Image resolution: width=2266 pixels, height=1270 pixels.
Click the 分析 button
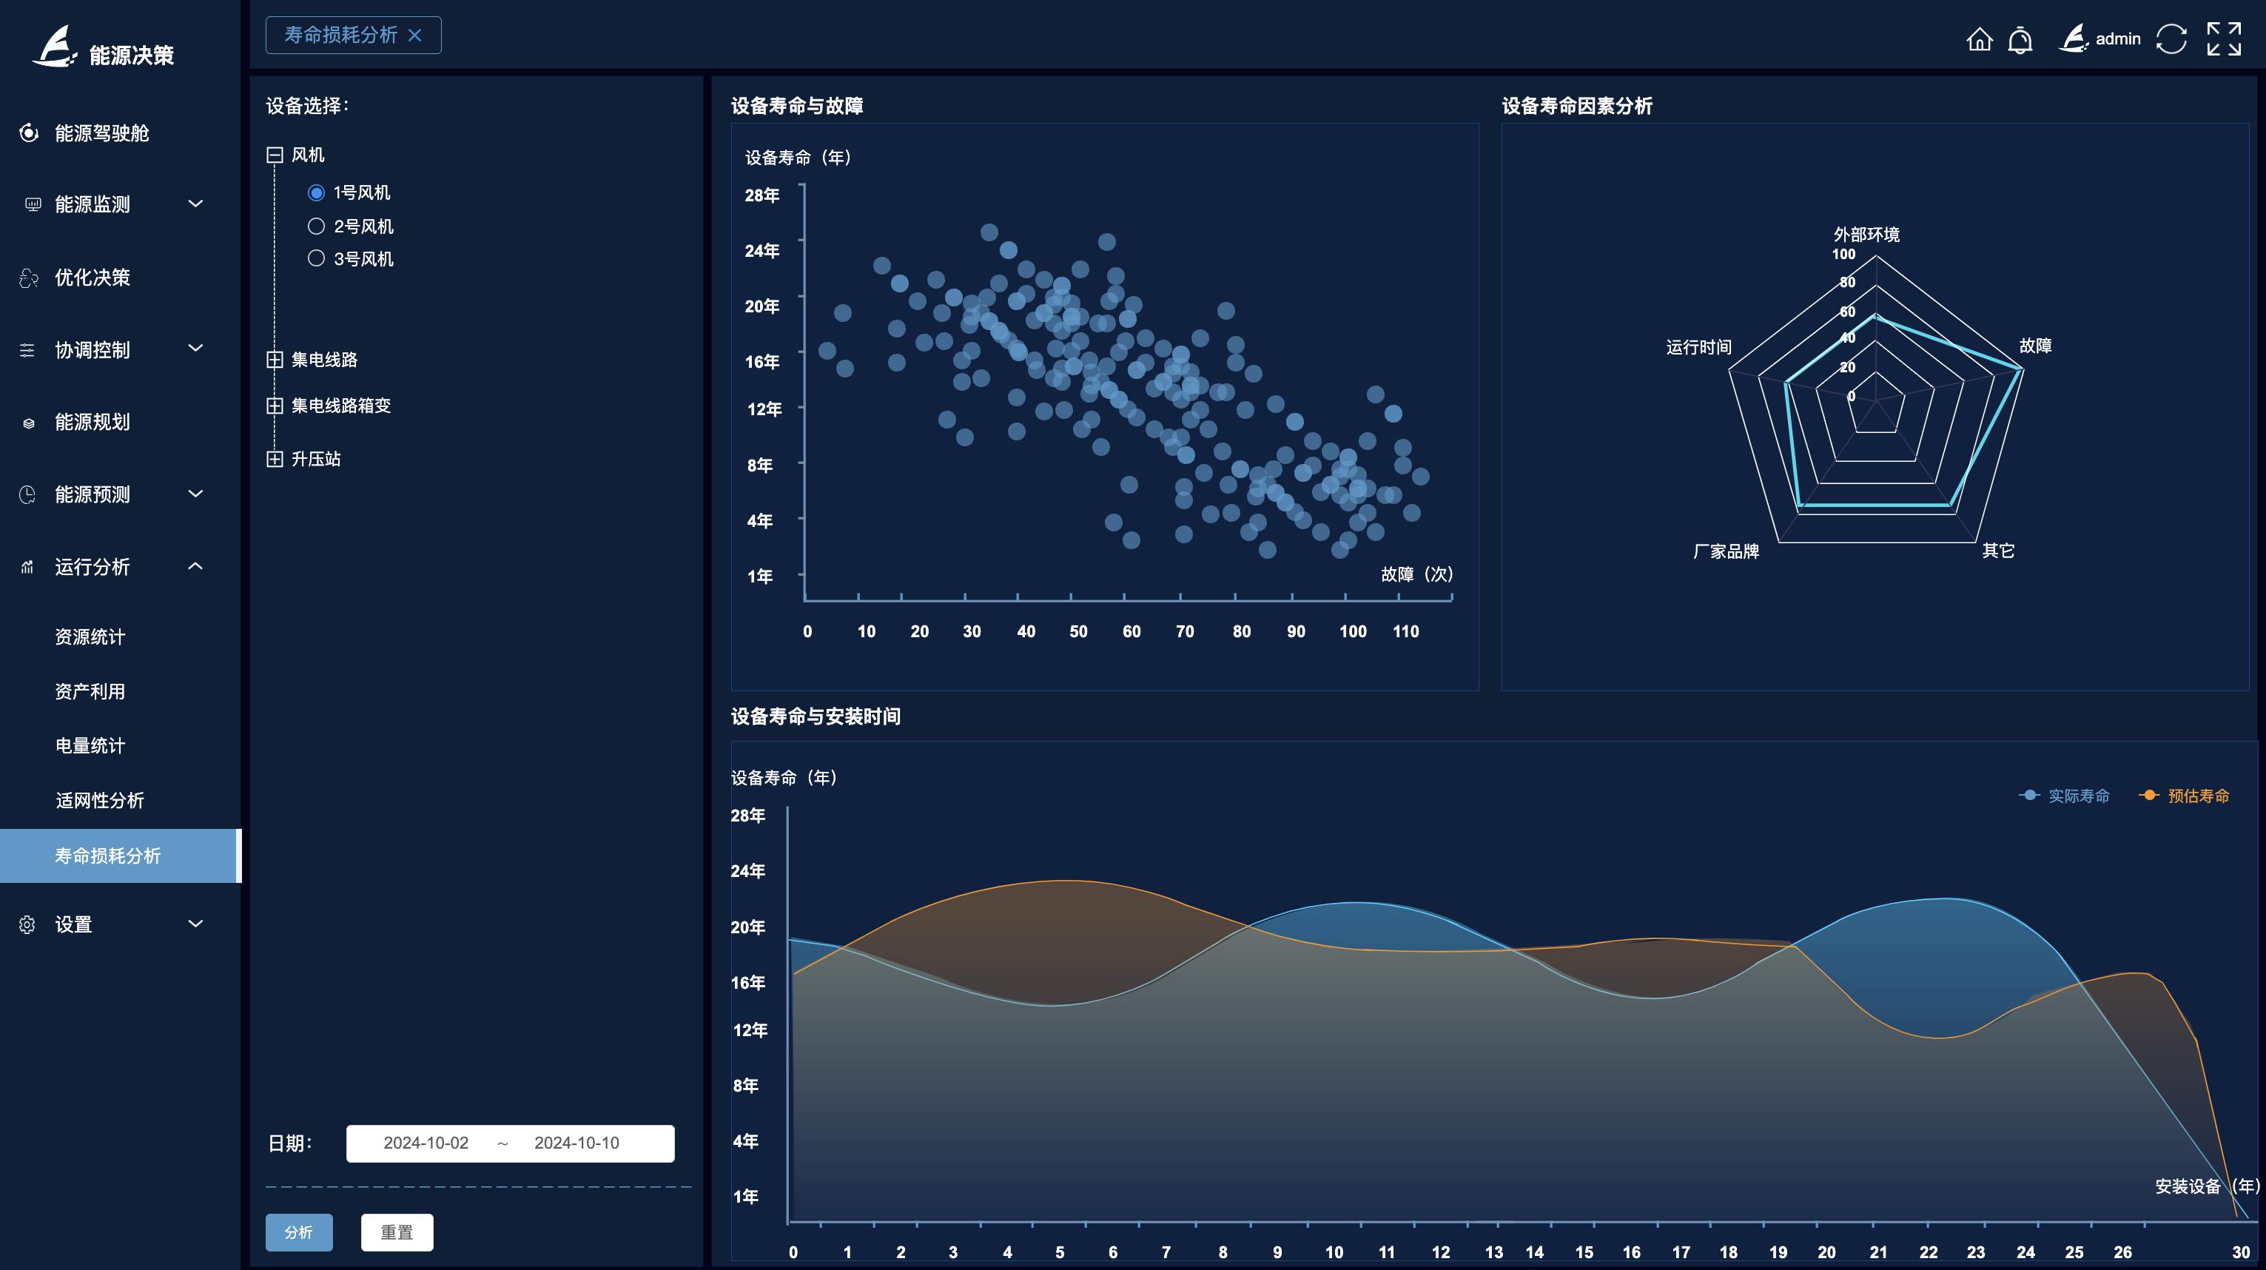tap(299, 1232)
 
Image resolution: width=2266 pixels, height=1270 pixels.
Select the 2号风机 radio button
tap(316, 226)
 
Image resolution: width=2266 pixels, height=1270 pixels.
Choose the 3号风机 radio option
tap(316, 258)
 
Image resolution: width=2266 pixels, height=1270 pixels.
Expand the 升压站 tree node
tap(275, 459)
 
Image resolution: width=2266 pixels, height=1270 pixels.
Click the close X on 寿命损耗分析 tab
tap(415, 36)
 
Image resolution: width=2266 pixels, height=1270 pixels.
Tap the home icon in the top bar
tap(1979, 39)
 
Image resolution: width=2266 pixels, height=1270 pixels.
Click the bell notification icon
tap(2020, 39)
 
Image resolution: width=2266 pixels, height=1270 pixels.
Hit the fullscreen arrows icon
tap(2224, 39)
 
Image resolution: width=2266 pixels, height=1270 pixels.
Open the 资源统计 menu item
tap(90, 636)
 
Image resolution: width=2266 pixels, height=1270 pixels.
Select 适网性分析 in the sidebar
tap(99, 800)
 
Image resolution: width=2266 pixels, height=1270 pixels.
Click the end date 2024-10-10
tap(576, 1143)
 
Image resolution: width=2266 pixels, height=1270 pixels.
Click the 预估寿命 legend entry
tap(2185, 796)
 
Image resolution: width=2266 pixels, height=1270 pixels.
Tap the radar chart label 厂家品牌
tap(1726, 551)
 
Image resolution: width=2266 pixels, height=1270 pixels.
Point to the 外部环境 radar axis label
tap(1866, 235)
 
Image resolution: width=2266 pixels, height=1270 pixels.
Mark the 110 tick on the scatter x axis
tap(1405, 631)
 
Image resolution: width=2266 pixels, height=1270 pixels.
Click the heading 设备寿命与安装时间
tap(816, 717)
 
